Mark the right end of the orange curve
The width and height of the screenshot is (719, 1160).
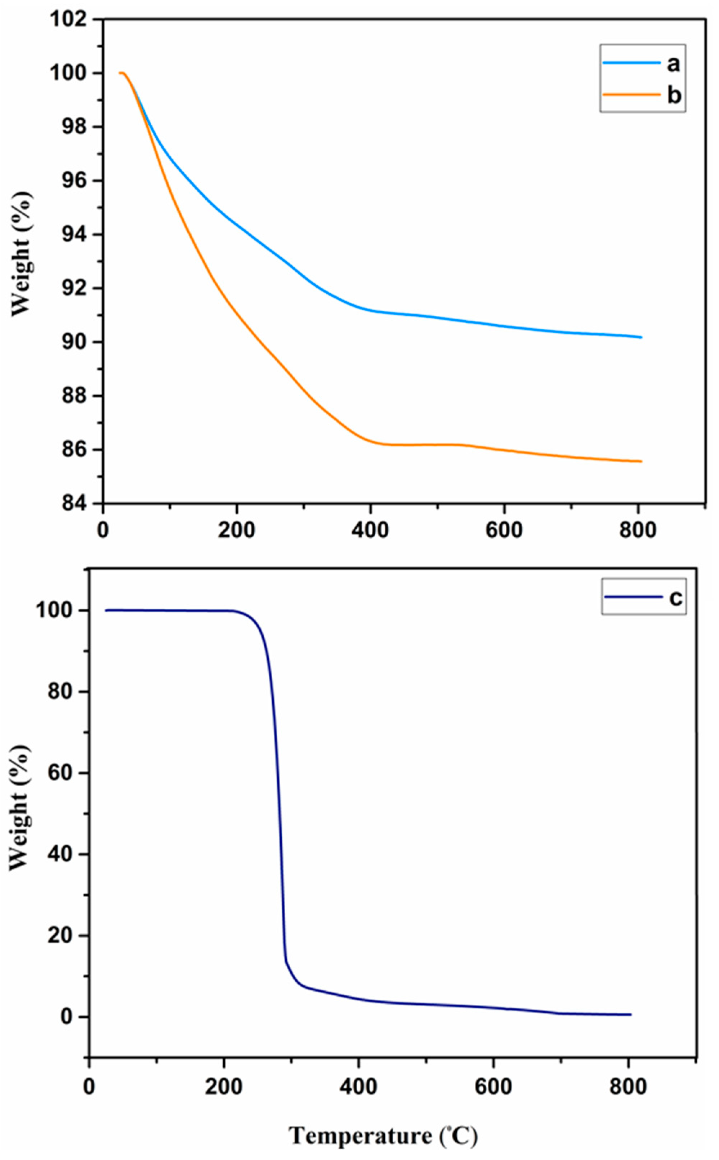pos(641,461)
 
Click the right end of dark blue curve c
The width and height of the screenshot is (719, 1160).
pos(630,1014)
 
